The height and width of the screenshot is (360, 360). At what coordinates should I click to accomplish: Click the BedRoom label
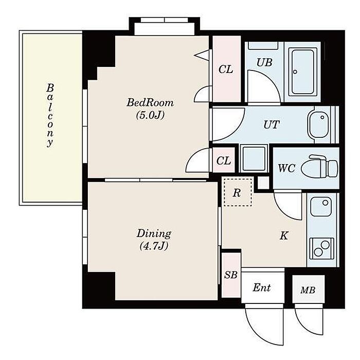click(150, 103)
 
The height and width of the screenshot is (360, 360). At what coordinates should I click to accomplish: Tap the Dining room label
click(154, 234)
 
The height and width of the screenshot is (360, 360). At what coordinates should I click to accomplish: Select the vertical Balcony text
click(50, 115)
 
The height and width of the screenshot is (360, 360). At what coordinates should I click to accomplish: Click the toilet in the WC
click(319, 166)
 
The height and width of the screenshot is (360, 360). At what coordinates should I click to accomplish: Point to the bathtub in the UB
click(302, 72)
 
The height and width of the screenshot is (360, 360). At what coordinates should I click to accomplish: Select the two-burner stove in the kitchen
click(321, 248)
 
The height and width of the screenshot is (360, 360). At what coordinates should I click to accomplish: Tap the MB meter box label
click(308, 291)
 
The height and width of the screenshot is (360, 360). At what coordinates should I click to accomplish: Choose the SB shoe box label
click(231, 275)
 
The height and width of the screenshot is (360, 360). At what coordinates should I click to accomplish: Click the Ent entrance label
click(261, 287)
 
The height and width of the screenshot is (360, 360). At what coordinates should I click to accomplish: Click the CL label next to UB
click(226, 69)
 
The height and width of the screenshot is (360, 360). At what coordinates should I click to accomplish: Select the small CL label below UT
click(224, 160)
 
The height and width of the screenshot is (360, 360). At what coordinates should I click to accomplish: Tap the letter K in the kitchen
click(284, 236)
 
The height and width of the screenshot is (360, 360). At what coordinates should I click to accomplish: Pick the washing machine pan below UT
click(254, 158)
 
